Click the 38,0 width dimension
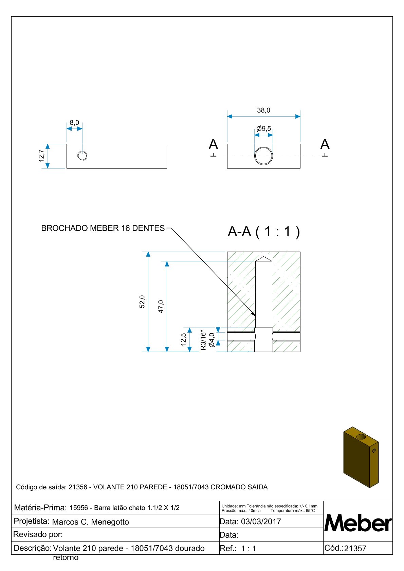(x=263, y=110)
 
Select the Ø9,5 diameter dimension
(x=264, y=129)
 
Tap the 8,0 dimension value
(x=74, y=122)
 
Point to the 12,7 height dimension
(x=41, y=156)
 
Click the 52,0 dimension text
(x=142, y=301)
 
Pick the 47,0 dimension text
(x=161, y=306)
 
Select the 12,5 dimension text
(x=183, y=339)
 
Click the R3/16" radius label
(x=203, y=340)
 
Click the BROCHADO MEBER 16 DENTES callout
(x=103, y=228)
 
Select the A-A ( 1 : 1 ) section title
(x=263, y=232)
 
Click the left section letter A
(x=213, y=145)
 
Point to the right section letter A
(x=325, y=145)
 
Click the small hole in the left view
(x=82, y=156)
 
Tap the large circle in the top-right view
(x=263, y=156)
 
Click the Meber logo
(x=358, y=523)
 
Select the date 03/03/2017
(x=261, y=521)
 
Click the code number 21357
(x=355, y=549)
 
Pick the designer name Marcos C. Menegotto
(x=91, y=522)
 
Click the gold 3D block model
(x=361, y=457)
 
